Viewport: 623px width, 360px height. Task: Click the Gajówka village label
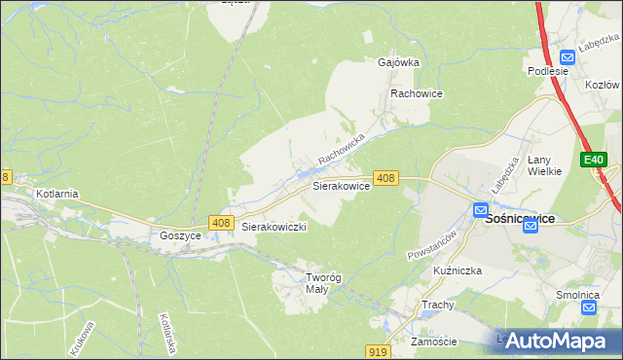point(397,62)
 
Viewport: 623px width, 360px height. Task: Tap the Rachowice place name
point(417,93)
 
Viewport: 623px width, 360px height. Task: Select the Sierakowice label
point(340,185)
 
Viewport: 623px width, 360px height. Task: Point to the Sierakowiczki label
point(275,227)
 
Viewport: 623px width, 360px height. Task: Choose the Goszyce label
point(180,235)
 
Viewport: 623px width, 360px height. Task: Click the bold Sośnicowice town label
point(520,219)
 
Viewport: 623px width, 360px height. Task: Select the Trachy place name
point(439,306)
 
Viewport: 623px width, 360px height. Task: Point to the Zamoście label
point(434,342)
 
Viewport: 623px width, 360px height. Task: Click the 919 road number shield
point(380,350)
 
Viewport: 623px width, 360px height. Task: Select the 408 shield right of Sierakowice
point(386,178)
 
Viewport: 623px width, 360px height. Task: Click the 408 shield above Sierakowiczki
point(220,224)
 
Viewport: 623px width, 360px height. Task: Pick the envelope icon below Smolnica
point(588,307)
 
